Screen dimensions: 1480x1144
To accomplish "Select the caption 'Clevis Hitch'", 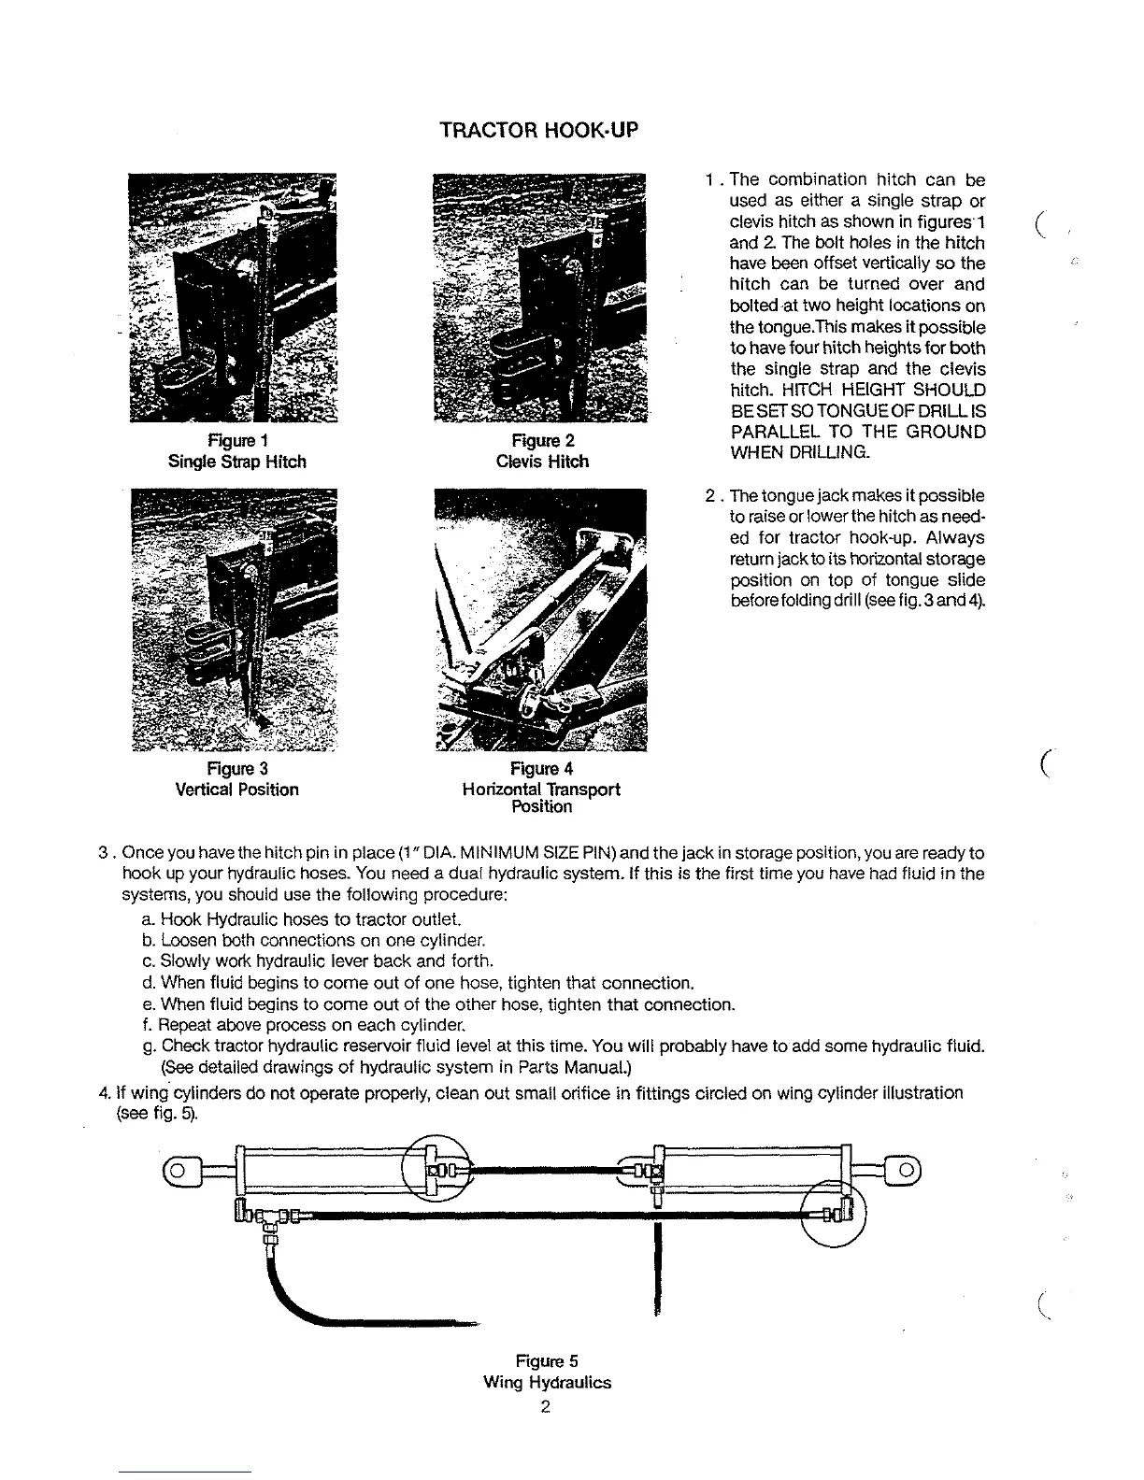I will [542, 462].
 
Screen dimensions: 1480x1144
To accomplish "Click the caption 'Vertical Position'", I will [237, 790].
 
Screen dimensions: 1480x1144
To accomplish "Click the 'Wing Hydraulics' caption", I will [547, 1382].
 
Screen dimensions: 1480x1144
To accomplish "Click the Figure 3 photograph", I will [236, 619].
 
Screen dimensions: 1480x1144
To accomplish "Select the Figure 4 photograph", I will [541, 619].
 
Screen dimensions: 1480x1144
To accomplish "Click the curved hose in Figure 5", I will [308, 1299].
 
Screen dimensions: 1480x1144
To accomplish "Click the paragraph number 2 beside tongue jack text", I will [711, 495].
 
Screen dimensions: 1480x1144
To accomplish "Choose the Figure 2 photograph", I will [541, 297].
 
